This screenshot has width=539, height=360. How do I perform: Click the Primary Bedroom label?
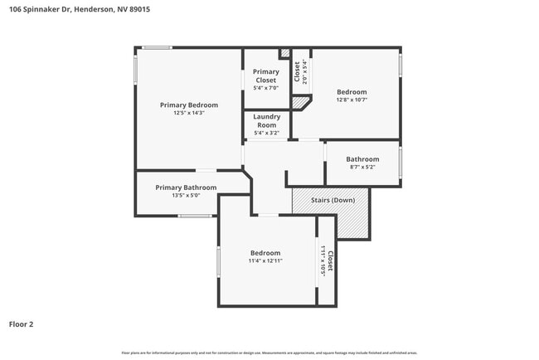[189, 105]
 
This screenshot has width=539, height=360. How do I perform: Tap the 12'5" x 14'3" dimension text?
[189, 113]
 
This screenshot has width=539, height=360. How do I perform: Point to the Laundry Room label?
[266, 121]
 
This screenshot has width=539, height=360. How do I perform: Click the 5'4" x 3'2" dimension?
[266, 133]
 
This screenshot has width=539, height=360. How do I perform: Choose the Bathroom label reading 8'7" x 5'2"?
[362, 159]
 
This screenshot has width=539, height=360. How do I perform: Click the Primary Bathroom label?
[186, 187]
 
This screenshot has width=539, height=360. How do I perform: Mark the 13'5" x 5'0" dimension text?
[186, 196]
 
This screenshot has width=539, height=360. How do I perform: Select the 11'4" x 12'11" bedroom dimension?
[266, 260]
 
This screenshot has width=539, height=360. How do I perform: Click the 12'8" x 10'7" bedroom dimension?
[352, 100]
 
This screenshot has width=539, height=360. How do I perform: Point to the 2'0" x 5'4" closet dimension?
[305, 73]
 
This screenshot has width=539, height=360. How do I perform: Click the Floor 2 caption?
[22, 324]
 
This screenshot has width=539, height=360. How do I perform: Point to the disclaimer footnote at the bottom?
[269, 353]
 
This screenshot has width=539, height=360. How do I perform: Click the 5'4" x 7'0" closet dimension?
[266, 87]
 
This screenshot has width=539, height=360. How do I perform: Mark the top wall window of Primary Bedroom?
[157, 47]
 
